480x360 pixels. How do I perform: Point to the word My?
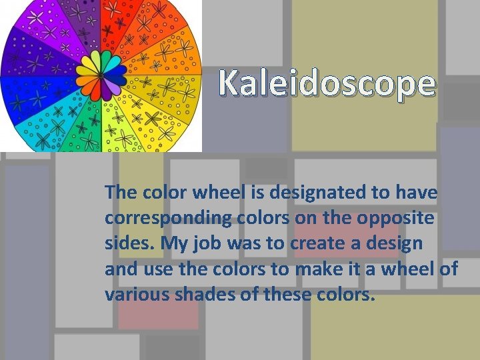tap(173, 244)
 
